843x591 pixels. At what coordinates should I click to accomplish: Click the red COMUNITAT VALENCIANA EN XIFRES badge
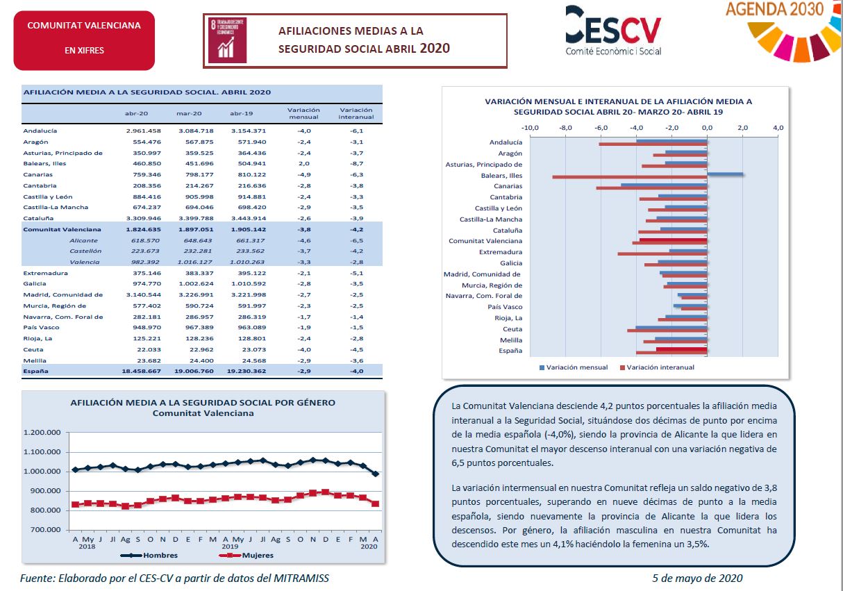[84, 40]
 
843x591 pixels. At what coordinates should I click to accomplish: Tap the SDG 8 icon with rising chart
[227, 40]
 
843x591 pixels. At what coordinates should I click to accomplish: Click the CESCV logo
[613, 31]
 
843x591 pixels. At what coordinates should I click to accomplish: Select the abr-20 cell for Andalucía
[143, 131]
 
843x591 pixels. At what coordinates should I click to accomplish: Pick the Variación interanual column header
[356, 113]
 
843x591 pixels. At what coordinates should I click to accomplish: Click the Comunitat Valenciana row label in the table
[62, 229]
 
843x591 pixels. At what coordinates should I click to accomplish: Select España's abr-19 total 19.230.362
[246, 371]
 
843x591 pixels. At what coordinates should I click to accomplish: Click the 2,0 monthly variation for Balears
[303, 163]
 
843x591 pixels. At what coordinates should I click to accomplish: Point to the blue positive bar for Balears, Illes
[725, 174]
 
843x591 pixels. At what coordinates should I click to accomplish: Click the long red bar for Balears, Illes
[630, 177]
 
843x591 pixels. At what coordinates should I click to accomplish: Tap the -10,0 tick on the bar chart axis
[530, 128]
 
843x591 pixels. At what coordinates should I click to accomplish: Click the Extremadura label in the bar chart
[501, 252]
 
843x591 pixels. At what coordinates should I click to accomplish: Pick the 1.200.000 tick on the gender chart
[42, 432]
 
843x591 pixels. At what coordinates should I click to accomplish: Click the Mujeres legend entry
[246, 556]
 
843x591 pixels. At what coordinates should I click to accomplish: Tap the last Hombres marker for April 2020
[375, 474]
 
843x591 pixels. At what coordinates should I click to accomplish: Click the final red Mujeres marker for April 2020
[375, 503]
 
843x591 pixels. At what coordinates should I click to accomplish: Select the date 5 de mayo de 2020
[697, 578]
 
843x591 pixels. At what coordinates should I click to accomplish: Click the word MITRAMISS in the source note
[301, 578]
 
